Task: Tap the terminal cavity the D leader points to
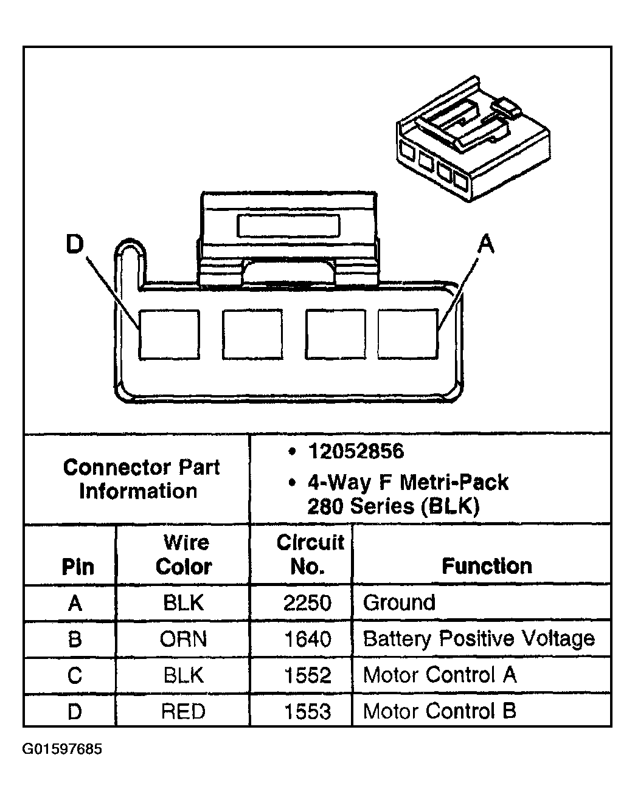click(x=169, y=334)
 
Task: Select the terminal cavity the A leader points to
click(x=408, y=334)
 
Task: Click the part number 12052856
click(x=356, y=451)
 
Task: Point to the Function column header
click(x=487, y=566)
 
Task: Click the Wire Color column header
click(x=184, y=554)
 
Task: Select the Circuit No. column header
click(x=310, y=554)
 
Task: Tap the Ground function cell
click(x=399, y=602)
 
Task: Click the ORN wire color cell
click(x=184, y=639)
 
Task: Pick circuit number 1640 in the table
click(x=308, y=639)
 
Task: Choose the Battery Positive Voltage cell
click(x=479, y=639)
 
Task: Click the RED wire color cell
click(x=184, y=711)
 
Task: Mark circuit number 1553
click(x=308, y=711)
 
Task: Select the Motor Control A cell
click(x=439, y=675)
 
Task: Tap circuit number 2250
click(x=308, y=602)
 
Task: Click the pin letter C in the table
click(x=75, y=675)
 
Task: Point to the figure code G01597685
click(x=63, y=748)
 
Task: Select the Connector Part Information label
click(x=141, y=479)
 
